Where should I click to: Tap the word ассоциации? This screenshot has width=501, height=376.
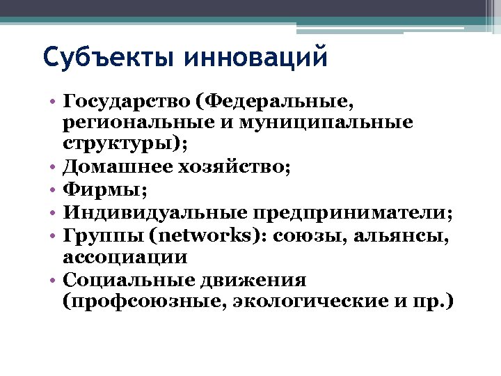(x=125, y=256)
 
